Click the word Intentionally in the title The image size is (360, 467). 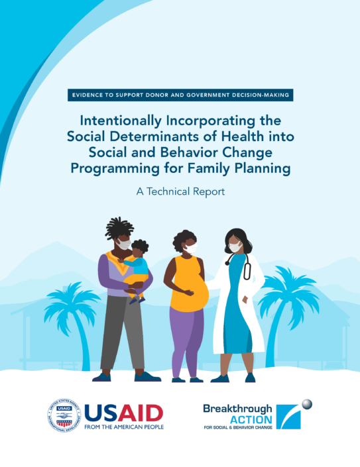pos(121,121)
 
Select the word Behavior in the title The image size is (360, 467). pos(189,152)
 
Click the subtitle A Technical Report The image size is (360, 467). pos(180,191)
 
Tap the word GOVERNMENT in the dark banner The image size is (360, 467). pos(208,95)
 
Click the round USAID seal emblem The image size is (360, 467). pos(64,415)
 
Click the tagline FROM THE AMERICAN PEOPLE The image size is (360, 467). pos(124,427)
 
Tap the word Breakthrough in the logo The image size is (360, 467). pos(237,409)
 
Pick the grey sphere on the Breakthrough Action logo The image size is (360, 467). pos(307,405)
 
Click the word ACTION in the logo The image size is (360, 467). pos(251,420)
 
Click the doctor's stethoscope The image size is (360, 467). pos(239,266)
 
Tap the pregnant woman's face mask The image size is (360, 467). pos(191,248)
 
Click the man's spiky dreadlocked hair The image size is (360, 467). pos(118,228)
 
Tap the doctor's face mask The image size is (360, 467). pos(235,247)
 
